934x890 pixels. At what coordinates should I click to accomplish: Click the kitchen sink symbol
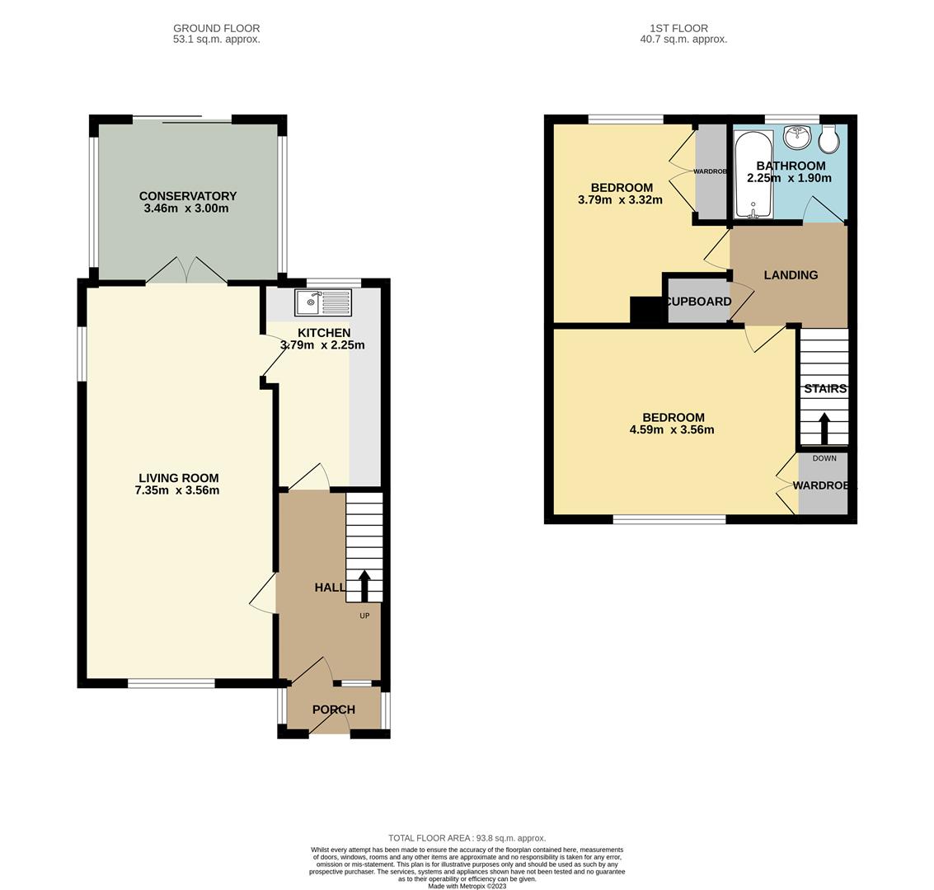(x=323, y=302)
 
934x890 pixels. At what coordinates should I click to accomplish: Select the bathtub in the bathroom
(x=753, y=175)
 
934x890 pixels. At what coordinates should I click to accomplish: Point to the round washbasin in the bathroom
(x=797, y=137)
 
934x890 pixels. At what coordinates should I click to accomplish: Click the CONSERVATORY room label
(x=188, y=196)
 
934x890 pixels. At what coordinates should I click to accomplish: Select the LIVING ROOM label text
(x=179, y=478)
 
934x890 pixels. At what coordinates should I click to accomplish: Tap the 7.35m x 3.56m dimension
(x=177, y=490)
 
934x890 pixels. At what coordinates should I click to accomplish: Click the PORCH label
(x=334, y=710)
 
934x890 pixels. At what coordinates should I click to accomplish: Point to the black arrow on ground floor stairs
(x=364, y=586)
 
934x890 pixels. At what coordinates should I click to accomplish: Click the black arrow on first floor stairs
(x=824, y=429)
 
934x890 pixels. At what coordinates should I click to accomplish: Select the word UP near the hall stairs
(x=364, y=616)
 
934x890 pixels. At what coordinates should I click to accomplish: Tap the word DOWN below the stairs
(x=824, y=458)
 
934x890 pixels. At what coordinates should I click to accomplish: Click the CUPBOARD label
(x=699, y=302)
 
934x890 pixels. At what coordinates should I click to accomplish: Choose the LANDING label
(x=791, y=275)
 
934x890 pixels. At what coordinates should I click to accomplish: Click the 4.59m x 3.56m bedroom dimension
(x=672, y=430)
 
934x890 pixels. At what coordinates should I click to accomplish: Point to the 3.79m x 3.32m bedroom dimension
(x=620, y=200)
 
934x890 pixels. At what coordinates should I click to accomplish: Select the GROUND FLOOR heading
(x=216, y=28)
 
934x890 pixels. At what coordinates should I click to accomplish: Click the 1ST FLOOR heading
(x=679, y=28)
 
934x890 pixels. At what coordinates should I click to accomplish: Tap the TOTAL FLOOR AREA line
(x=467, y=838)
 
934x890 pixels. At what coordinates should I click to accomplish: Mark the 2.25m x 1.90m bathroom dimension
(x=789, y=178)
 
